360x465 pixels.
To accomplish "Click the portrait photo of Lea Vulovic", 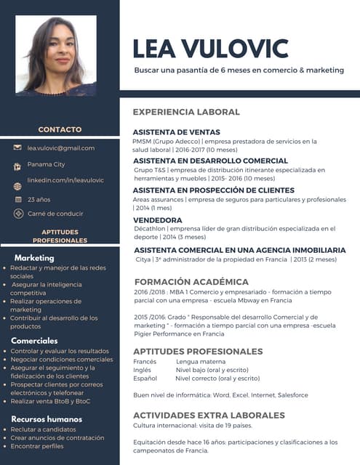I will click(55, 56).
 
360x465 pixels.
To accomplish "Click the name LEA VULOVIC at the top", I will click(210, 48).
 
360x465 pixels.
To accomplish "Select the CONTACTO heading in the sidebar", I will click(60, 129).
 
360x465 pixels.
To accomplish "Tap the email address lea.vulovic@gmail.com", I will click(61, 148).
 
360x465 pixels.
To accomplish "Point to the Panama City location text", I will click(47, 165).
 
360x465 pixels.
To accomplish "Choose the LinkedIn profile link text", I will click(65, 180).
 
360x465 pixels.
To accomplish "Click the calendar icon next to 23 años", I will click(17, 199).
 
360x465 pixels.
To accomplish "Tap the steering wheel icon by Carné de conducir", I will click(17, 214).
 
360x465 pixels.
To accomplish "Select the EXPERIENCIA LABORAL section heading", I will click(186, 112).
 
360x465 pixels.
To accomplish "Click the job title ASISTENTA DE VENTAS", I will click(176, 132).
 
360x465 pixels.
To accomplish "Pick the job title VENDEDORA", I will click(158, 220).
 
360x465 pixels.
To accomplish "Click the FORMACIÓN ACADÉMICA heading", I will click(191, 282).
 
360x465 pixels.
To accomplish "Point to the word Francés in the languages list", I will click(145, 361).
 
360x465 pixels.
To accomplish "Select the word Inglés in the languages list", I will click(143, 370).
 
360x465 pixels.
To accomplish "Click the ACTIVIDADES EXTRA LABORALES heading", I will click(209, 415).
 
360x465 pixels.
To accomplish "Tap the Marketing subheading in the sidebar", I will click(34, 258).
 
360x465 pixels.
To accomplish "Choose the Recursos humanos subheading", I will click(46, 419).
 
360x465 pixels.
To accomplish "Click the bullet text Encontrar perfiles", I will click(37, 446).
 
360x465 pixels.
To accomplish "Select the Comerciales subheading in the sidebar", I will click(34, 341).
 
